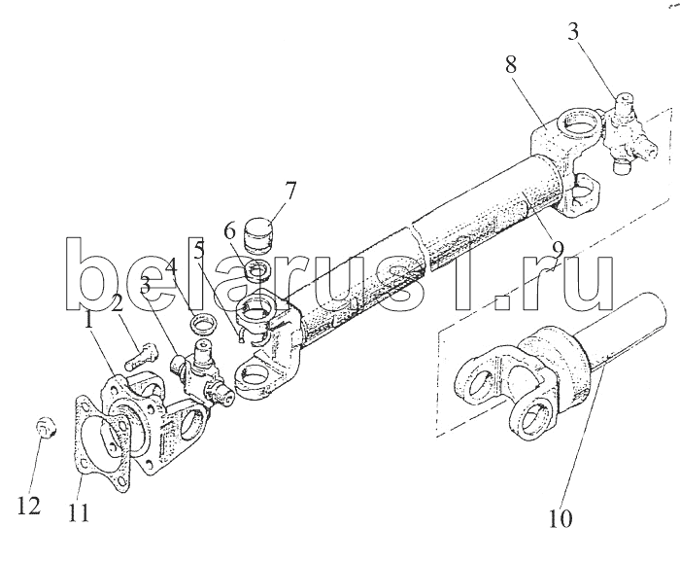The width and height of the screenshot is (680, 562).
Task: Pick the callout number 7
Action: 263,191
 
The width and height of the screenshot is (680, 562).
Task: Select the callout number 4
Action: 171,265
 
